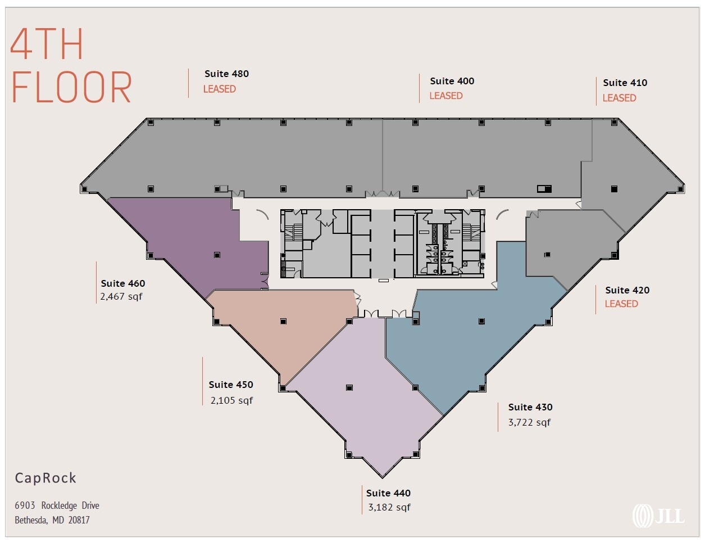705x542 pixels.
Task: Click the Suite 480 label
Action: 226,74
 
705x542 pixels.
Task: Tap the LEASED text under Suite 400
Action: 446,96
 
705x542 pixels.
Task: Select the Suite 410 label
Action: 625,83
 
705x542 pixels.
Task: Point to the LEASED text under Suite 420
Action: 621,304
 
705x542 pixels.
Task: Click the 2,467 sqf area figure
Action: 121,296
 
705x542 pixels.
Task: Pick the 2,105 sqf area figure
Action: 231,400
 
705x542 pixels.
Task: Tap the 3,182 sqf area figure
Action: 389,507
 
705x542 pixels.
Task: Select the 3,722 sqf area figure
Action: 529,422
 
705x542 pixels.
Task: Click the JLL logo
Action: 658,516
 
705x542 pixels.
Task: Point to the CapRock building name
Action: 46,478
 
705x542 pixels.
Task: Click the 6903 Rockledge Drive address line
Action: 57,505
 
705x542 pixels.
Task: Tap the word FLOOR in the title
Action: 71,88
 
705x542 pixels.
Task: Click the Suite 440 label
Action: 388,493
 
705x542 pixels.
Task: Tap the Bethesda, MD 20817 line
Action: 52,520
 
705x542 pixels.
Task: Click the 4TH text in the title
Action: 47,44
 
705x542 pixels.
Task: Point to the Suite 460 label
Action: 123,283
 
